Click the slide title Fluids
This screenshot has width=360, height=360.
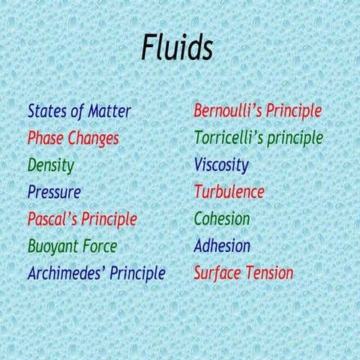click(177, 49)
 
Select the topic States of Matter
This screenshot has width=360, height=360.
click(79, 112)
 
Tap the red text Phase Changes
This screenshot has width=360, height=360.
click(73, 139)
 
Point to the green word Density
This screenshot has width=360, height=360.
click(51, 165)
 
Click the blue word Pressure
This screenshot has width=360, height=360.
click(54, 192)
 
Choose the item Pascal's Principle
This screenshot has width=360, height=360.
click(82, 219)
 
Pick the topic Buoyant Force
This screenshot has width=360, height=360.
click(72, 246)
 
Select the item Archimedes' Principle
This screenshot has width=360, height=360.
click(96, 273)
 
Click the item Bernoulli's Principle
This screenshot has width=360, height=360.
click(257, 112)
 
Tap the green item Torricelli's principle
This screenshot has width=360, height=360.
click(258, 139)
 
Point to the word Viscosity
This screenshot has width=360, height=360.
click(221, 165)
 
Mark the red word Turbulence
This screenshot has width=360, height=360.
click(229, 192)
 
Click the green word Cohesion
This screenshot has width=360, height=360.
click(222, 219)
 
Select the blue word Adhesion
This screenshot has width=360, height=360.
click(222, 246)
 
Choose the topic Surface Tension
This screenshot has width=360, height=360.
click(243, 273)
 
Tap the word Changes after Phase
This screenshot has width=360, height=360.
click(94, 139)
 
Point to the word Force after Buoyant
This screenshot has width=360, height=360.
click(99, 246)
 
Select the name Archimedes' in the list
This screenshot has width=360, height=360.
click(66, 273)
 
